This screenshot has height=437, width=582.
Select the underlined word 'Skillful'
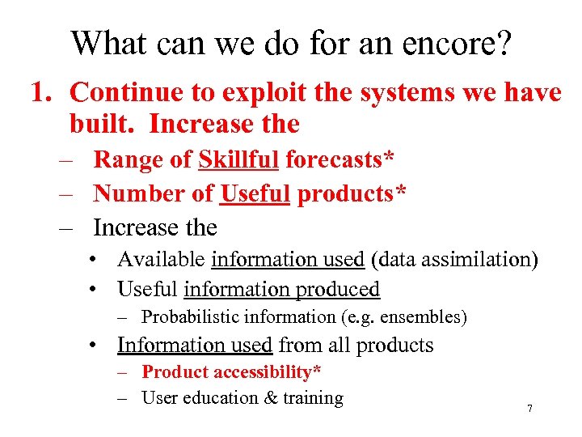[238, 159]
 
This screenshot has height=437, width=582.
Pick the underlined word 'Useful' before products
[255, 193]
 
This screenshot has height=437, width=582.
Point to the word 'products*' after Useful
[352, 193]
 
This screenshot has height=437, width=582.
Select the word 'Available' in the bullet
[161, 260]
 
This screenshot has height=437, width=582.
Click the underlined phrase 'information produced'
[281, 289]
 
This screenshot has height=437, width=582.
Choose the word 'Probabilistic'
[193, 317]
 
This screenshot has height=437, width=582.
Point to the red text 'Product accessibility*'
[231, 372]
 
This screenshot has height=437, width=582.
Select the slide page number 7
[529, 409]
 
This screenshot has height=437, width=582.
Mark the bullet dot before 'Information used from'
[96, 346]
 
